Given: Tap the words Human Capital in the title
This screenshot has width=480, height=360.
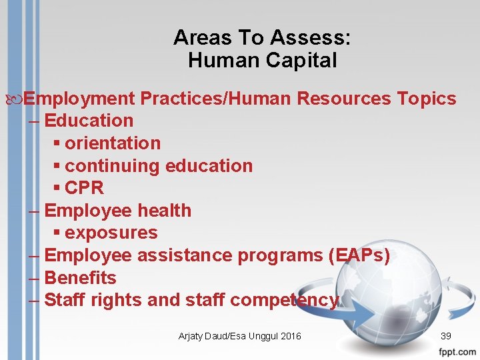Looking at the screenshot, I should click(x=262, y=61).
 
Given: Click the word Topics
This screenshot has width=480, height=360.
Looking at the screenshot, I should click(x=427, y=99).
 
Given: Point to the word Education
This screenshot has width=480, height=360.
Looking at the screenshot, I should click(x=89, y=121).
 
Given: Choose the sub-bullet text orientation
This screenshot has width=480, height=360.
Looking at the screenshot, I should click(x=113, y=143).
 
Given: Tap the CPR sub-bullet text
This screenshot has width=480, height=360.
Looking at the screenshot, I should click(x=85, y=188).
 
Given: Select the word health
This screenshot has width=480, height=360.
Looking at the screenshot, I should click(x=164, y=211).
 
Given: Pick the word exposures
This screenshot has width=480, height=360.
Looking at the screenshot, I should click(x=111, y=233).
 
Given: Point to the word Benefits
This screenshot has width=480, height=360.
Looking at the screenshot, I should click(x=80, y=278).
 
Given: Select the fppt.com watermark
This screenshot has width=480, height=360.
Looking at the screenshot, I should click(x=458, y=351).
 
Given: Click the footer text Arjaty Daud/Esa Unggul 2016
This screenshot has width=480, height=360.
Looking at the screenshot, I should click(x=239, y=336).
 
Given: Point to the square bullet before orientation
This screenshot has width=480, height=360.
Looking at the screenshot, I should click(x=57, y=144).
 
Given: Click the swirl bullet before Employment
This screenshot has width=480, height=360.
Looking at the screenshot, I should click(x=17, y=99).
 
